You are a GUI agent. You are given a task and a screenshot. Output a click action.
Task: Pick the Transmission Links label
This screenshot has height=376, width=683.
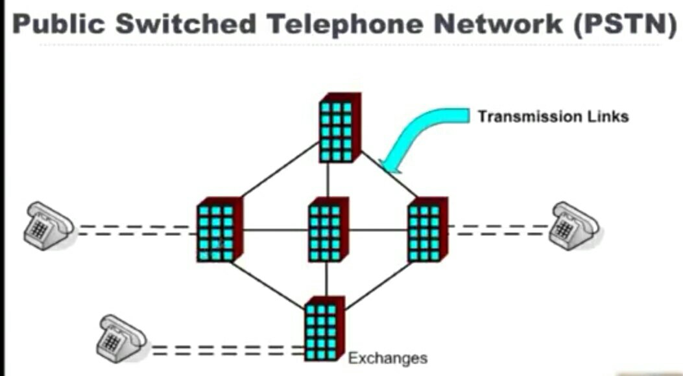553,117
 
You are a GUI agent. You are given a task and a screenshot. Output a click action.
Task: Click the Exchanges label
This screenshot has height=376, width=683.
388,358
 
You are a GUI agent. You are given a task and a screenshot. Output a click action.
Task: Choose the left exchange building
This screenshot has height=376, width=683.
219,229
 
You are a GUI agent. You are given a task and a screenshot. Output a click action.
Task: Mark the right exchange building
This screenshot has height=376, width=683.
426,229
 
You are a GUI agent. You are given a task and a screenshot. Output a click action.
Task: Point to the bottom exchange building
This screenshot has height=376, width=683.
324,329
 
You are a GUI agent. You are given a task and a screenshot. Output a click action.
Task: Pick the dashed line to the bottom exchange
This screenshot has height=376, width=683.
227,351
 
